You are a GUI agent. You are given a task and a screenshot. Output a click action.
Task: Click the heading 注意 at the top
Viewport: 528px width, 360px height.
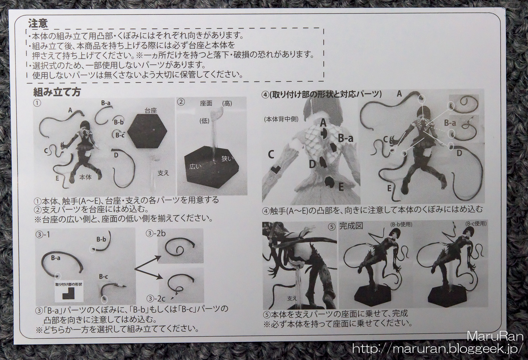[x=38, y=23]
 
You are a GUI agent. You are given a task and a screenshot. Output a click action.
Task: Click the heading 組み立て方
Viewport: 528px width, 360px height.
[x=57, y=92]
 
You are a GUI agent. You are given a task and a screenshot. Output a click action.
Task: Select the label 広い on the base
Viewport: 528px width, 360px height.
[x=195, y=166]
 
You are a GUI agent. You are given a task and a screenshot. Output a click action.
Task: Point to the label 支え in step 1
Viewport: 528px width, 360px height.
[x=163, y=173]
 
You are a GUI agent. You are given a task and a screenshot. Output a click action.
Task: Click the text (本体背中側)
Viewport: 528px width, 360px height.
[x=281, y=119]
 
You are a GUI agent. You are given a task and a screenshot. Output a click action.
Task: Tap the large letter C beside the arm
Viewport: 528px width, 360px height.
[x=271, y=155]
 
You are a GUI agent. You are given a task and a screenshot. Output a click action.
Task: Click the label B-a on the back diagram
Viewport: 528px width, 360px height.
[x=346, y=138]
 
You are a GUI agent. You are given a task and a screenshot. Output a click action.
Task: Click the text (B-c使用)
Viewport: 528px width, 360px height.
[x=476, y=223]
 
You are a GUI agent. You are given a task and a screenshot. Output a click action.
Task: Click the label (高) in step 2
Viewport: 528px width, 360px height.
[x=227, y=104]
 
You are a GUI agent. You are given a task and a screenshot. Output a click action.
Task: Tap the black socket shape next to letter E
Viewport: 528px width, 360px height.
[x=330, y=183]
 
